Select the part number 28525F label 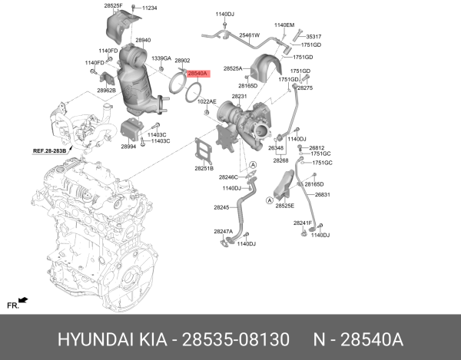(113, 5)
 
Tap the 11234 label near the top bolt (149, 8)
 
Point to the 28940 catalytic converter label (143, 40)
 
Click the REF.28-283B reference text (49, 151)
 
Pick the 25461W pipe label (249, 35)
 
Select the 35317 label (313, 37)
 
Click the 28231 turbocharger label (239, 96)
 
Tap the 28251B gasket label (204, 169)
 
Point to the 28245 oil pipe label (221, 207)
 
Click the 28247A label (223, 231)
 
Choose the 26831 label (322, 194)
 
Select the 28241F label (302, 223)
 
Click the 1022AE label (207, 101)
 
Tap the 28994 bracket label (128, 147)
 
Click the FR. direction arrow (23, 300)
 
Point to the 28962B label (107, 91)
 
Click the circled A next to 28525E (270, 200)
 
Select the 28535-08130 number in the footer (236, 340)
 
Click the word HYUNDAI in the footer (95, 340)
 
